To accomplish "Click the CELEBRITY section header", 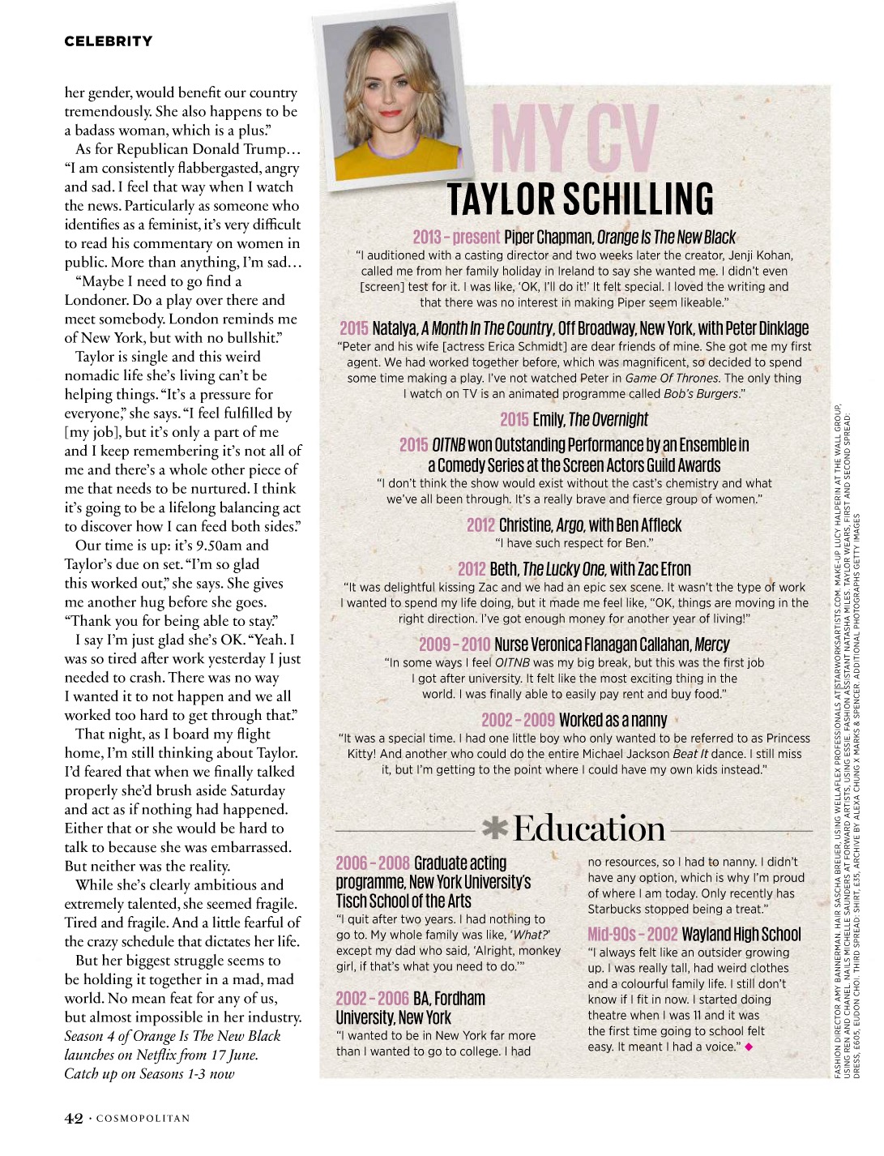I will coord(108,41).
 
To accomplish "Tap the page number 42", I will coord(74,1119).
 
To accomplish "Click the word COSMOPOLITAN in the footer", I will coord(143,1119).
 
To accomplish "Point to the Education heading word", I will coord(589,828).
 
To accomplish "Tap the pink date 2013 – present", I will coord(456,237).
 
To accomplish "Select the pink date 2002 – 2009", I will coord(518,720).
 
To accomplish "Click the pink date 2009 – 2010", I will coord(455,644).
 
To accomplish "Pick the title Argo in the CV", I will coord(570,525).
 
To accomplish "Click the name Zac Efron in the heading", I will coord(665,569).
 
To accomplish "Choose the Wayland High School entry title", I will coord(741,935).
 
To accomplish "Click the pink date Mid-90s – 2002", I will coord(632,935).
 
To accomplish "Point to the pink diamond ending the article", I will coord(749,1047).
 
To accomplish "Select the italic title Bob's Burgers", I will coord(698,394).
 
